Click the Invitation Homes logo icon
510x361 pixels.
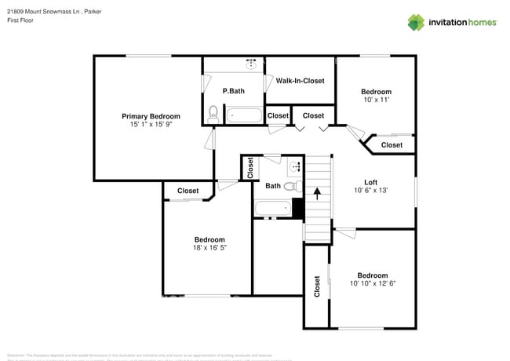click(x=415, y=22)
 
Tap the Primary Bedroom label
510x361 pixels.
click(x=151, y=116)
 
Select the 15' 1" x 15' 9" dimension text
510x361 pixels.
click(x=151, y=125)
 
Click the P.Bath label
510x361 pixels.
click(x=233, y=91)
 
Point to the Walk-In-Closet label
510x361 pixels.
click(x=300, y=81)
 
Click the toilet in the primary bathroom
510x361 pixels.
click(x=213, y=114)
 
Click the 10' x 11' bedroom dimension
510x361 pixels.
click(x=375, y=100)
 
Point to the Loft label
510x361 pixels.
click(x=371, y=182)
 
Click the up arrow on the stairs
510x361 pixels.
click(x=317, y=192)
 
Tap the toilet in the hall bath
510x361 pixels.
click(x=290, y=186)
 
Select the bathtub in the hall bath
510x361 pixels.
click(x=273, y=209)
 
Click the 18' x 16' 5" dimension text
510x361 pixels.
click(x=209, y=248)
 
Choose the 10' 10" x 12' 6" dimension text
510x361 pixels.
click(x=372, y=283)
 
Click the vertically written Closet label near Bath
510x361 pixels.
click(x=250, y=168)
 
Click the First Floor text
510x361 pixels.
click(x=21, y=21)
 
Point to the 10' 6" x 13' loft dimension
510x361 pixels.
click(x=371, y=190)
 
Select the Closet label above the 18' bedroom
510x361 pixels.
click(x=188, y=191)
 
